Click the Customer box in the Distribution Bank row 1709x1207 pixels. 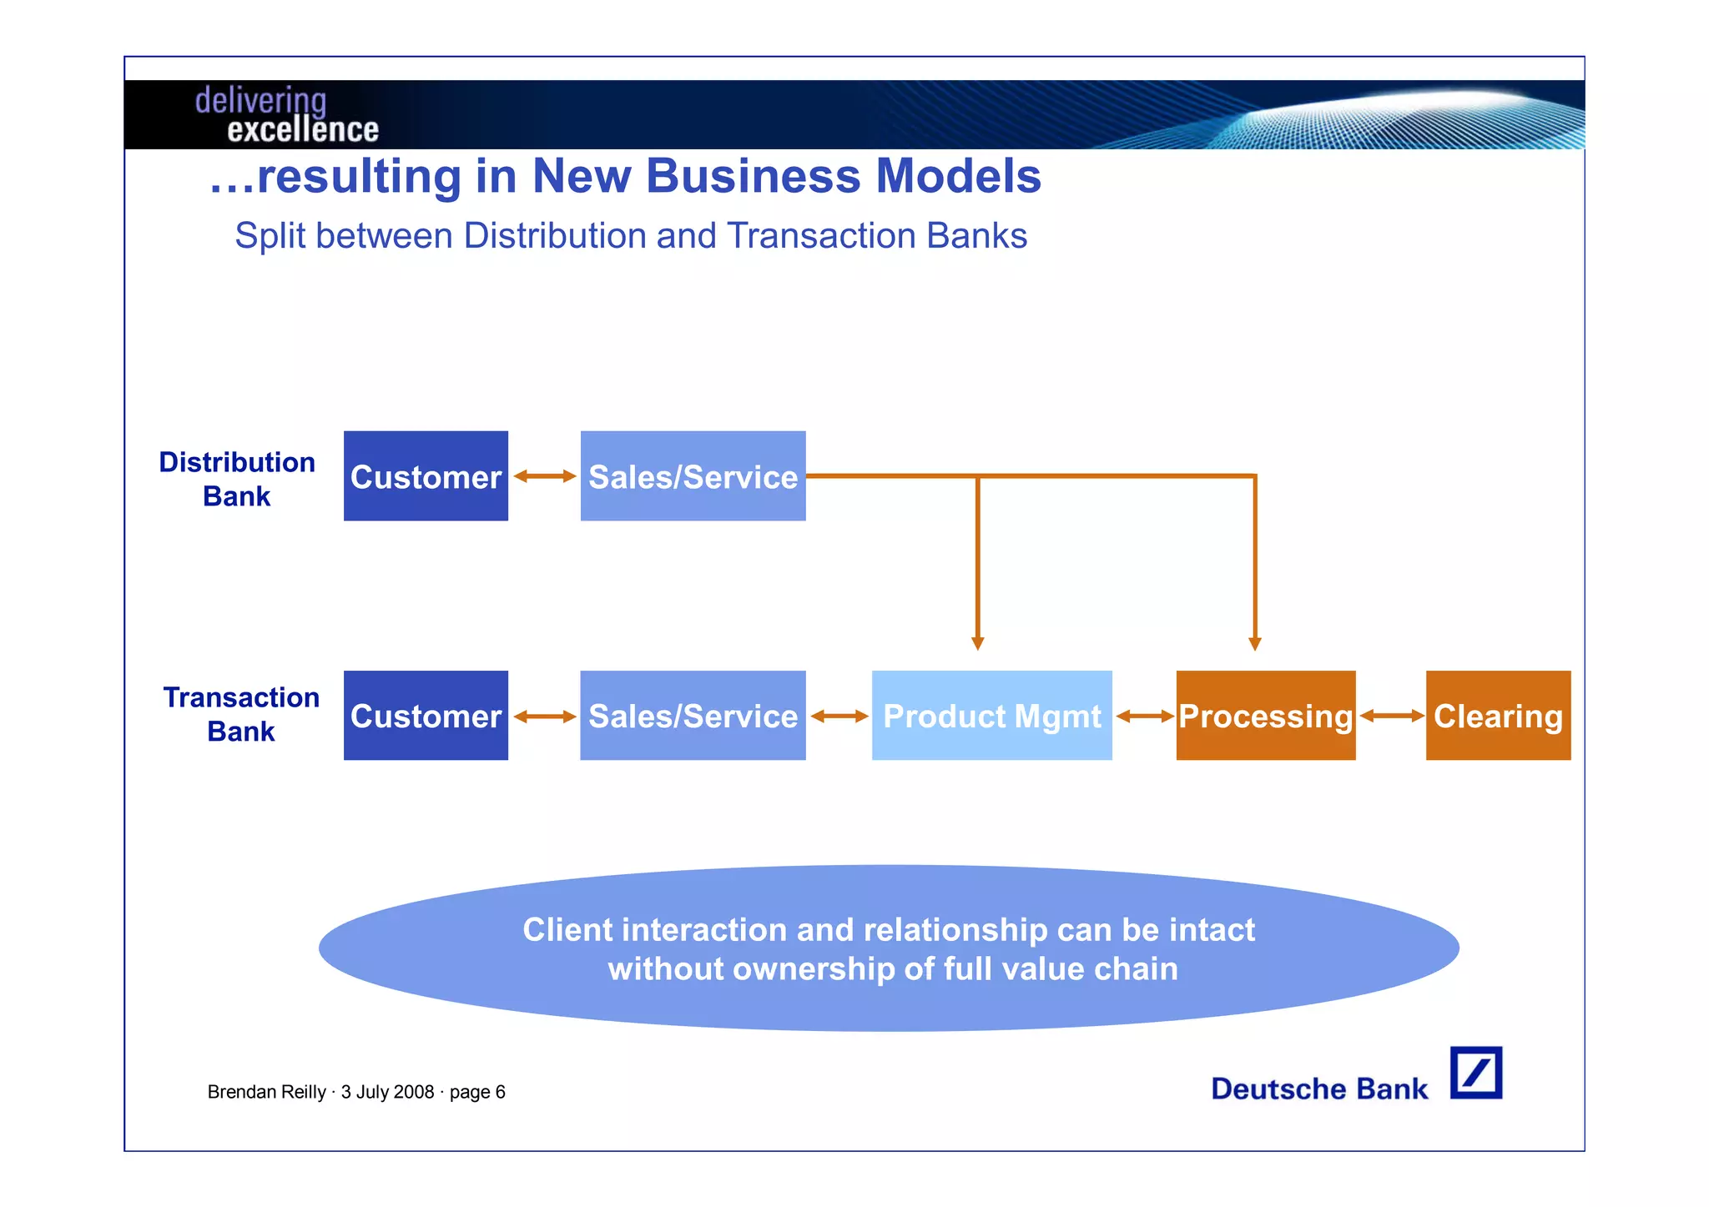pyautogui.click(x=426, y=476)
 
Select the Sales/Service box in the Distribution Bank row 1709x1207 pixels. pyautogui.click(x=693, y=476)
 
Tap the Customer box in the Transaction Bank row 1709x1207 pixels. pyautogui.click(x=426, y=716)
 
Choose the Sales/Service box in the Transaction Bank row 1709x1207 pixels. pyautogui.click(x=693, y=716)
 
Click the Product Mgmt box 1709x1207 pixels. pyautogui.click(x=991, y=716)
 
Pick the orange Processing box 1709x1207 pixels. pyautogui.click(x=1265, y=716)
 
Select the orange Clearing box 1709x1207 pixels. pyautogui.click(x=1498, y=716)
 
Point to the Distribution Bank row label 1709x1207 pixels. pyautogui.click(x=237, y=479)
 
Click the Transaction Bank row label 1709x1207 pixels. pyautogui.click(x=241, y=714)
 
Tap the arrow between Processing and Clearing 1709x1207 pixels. pyautogui.click(x=1391, y=716)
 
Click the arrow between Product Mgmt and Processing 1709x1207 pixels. pyautogui.click(x=1144, y=716)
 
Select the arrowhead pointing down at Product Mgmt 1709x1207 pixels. pyautogui.click(x=978, y=643)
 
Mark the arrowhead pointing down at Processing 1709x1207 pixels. pyautogui.click(x=1254, y=643)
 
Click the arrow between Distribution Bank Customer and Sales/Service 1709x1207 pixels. pyautogui.click(x=544, y=476)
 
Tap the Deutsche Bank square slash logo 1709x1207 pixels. pyautogui.click(x=1475, y=1073)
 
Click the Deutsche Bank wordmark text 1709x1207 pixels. pyautogui.click(x=1319, y=1089)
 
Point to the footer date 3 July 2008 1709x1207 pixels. pyautogui.click(x=387, y=1092)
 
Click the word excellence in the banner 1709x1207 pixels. pyautogui.click(x=302, y=130)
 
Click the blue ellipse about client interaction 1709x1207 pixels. pyautogui.click(x=889, y=948)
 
